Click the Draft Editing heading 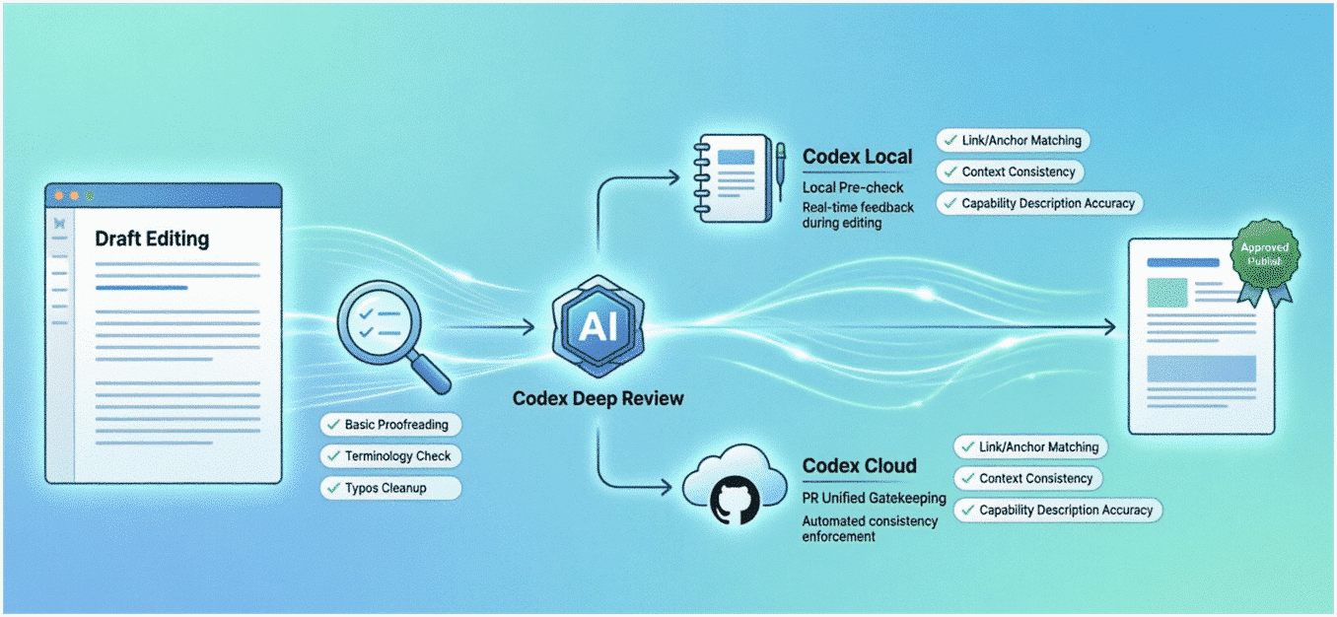[152, 239]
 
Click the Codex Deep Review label [598, 399]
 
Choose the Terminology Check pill [389, 456]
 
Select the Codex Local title [857, 157]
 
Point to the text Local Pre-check [853, 187]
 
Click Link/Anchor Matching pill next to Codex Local [1013, 141]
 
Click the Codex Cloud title [859, 465]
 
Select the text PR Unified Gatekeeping [874, 499]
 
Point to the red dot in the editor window [59, 196]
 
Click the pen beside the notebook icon [780, 168]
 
